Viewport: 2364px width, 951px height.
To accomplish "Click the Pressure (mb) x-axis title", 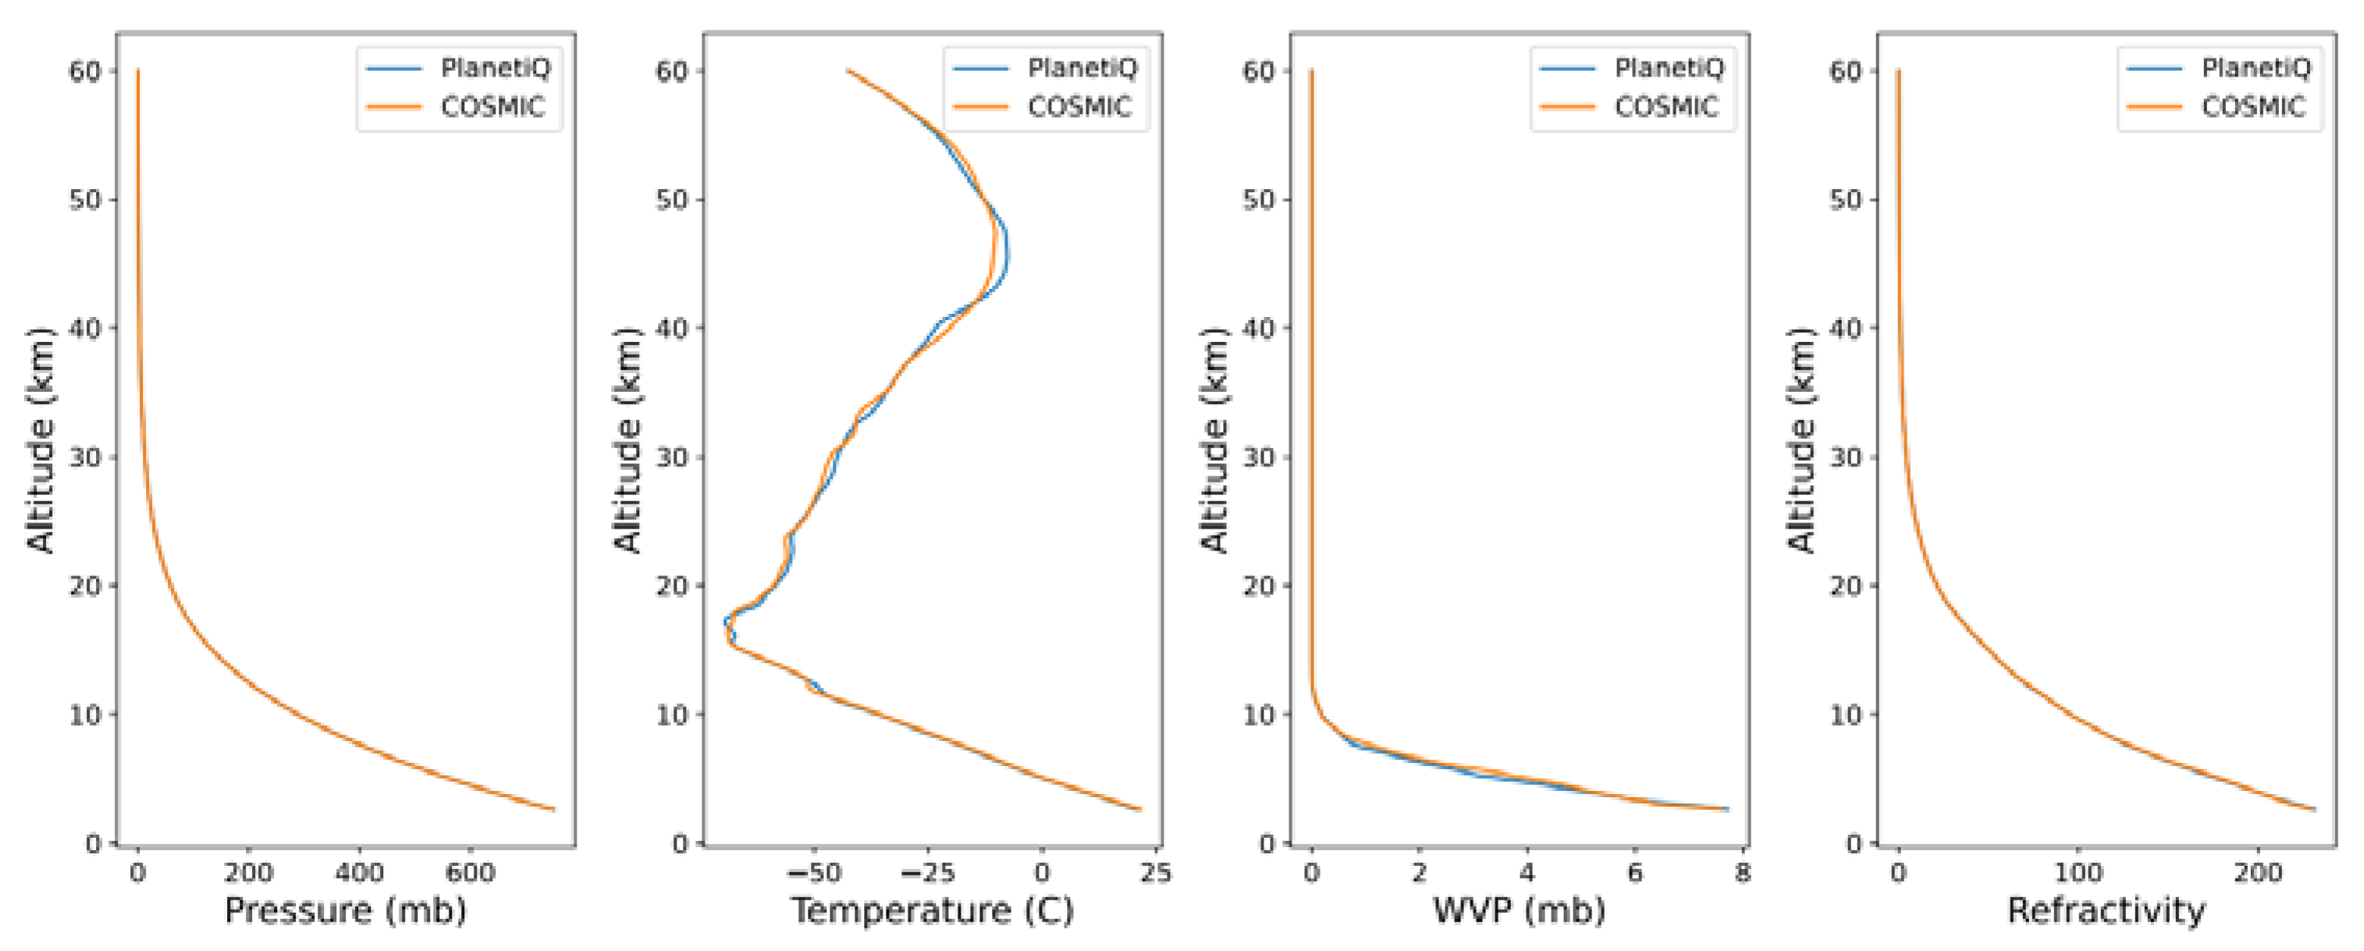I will (345, 910).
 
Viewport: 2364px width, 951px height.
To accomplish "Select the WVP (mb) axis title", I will (1519, 910).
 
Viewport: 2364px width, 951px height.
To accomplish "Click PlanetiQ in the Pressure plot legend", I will (496, 68).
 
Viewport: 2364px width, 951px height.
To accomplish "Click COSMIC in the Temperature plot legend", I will (1079, 108).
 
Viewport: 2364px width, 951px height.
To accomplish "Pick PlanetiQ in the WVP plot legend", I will (1669, 68).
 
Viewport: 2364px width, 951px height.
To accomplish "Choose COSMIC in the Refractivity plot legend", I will (2253, 108).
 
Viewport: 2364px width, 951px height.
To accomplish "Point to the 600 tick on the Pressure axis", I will (470, 872).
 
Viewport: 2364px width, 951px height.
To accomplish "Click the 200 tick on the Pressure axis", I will (247, 872).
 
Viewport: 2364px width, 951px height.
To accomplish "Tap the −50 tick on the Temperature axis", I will (813, 872).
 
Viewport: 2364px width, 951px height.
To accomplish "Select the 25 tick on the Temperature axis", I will (1155, 872).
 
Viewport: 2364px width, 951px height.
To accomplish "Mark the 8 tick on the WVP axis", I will (1742, 872).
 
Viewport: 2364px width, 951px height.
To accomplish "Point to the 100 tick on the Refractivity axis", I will (2078, 872).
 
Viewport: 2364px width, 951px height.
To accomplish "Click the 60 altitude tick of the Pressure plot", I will (84, 71).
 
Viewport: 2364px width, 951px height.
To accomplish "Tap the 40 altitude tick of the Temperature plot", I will (672, 328).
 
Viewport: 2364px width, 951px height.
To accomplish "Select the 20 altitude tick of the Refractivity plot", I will (1846, 586).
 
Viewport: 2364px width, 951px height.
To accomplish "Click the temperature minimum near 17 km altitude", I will (726, 623).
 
